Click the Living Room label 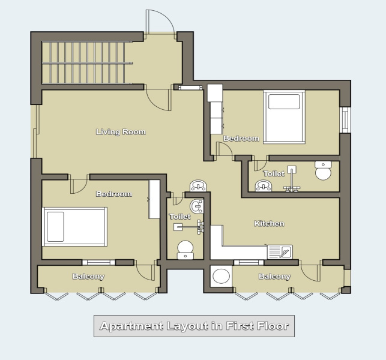121,132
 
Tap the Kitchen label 269,224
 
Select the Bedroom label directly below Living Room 113,194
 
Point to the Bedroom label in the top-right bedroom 241,139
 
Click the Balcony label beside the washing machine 274,277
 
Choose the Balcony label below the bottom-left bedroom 88,277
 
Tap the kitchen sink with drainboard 280,251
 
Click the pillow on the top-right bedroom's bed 283,101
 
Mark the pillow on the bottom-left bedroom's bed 55,226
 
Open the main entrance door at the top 160,21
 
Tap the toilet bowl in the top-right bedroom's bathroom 323,171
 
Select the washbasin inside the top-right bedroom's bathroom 264,185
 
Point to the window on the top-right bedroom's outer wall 345,119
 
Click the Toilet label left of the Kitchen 179,216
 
